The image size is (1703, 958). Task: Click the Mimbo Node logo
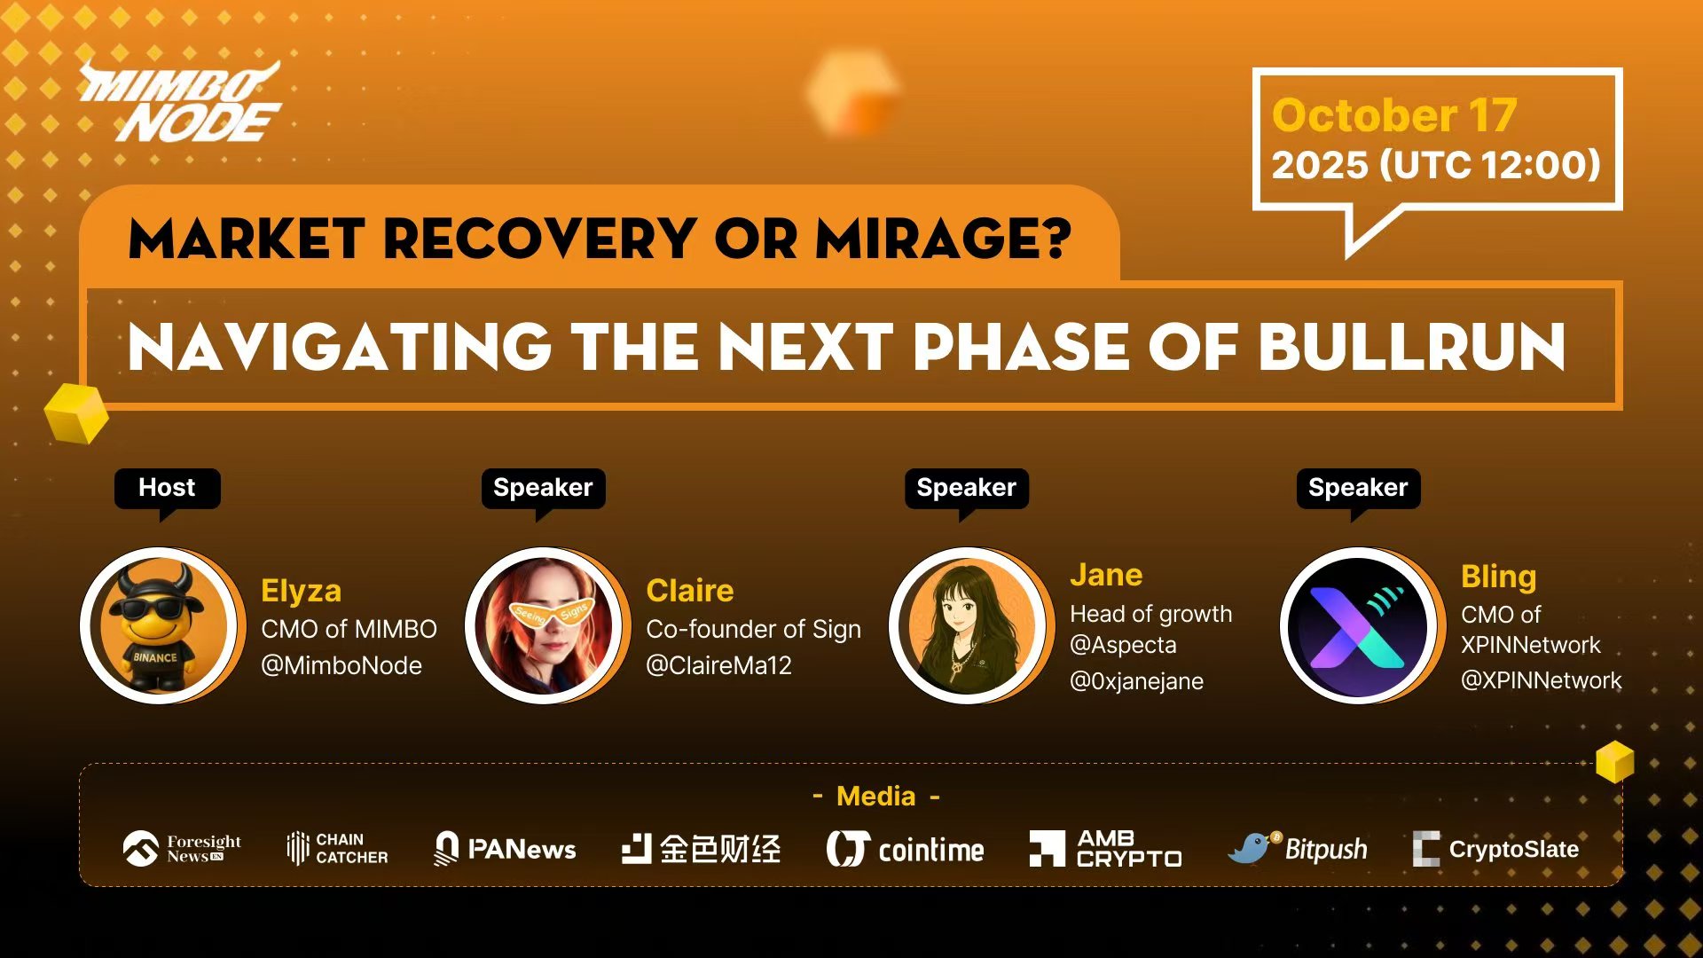tap(181, 103)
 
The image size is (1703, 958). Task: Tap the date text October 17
tap(1393, 115)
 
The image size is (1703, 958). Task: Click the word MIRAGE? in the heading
tap(943, 239)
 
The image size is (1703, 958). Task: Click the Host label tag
tap(167, 488)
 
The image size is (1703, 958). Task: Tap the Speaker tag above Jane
tap(967, 488)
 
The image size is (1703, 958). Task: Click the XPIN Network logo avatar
tap(1358, 626)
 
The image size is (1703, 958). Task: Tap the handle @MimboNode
tap(341, 665)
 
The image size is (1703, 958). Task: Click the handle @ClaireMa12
tap(718, 665)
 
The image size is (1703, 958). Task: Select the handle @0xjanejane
tap(1137, 681)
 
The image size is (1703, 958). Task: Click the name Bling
tap(1498, 577)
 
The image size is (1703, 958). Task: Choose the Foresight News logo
tap(182, 849)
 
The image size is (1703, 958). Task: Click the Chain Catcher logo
tap(337, 849)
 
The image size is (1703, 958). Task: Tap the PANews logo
tap(504, 849)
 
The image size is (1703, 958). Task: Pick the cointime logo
tap(905, 849)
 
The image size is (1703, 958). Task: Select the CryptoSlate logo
tap(1495, 849)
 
